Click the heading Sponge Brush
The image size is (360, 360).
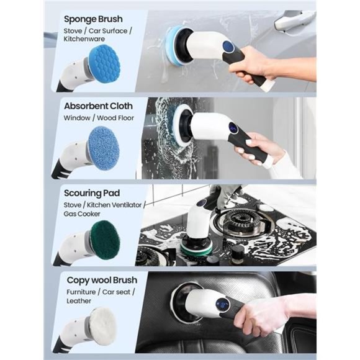(x=92, y=19)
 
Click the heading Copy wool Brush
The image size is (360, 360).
(x=102, y=281)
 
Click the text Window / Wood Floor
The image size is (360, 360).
(x=99, y=117)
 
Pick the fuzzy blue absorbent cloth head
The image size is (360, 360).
(x=103, y=148)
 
